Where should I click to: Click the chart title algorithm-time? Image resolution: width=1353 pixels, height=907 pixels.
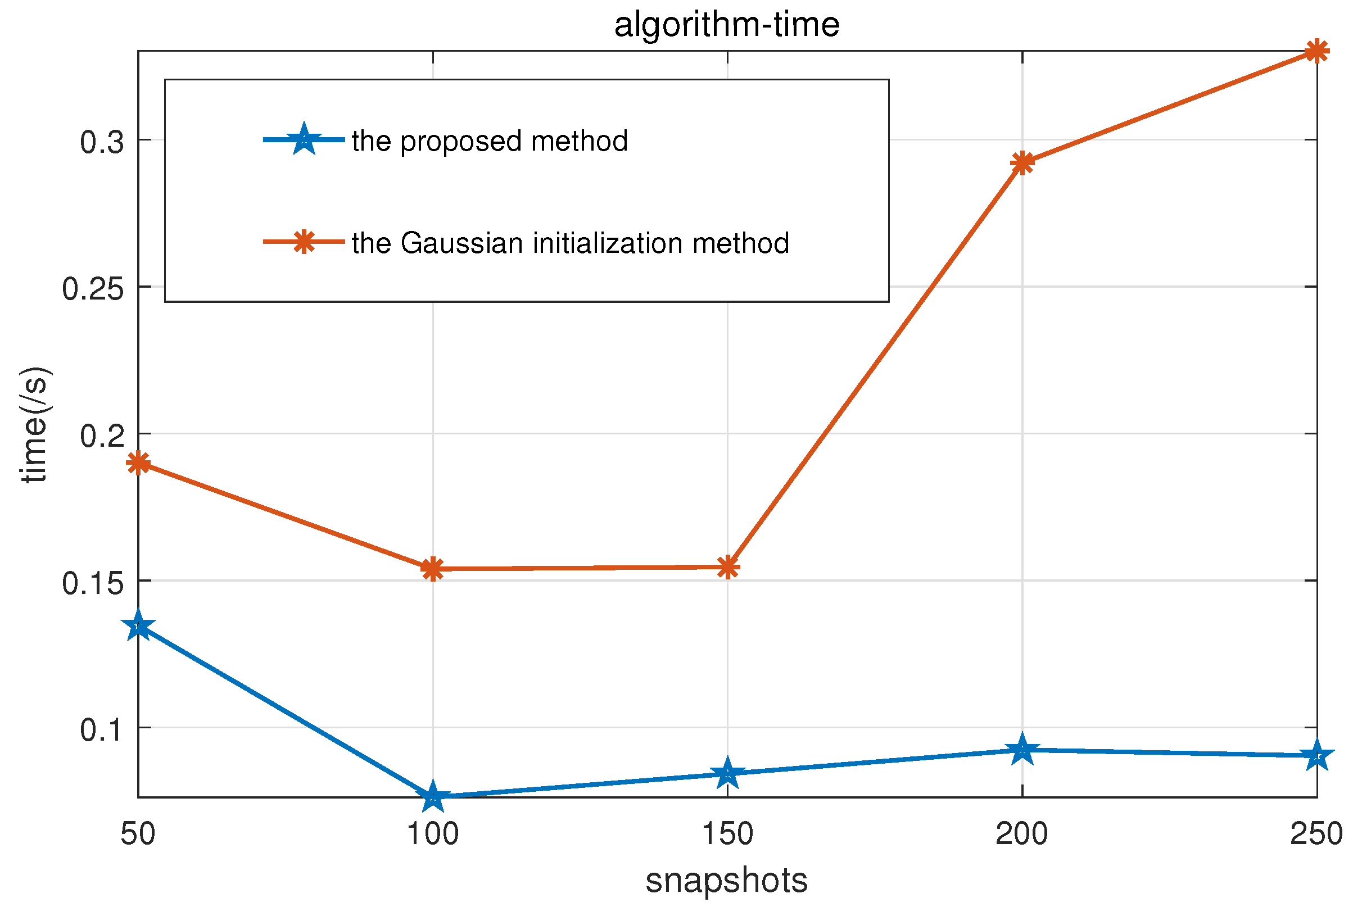pos(727,25)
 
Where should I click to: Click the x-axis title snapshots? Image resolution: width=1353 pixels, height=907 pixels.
pos(727,881)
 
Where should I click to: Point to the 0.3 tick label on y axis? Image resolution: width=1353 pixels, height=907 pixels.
pos(102,142)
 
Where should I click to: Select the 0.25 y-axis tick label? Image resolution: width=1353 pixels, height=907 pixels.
pos(93,289)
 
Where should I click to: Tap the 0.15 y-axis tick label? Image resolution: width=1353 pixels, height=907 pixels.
pos(93,583)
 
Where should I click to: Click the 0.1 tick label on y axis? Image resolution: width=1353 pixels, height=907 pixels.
pos(102,730)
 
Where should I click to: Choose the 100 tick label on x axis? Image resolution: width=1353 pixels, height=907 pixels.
pos(433,834)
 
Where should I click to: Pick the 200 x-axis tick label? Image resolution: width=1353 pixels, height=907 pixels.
pos(1021,834)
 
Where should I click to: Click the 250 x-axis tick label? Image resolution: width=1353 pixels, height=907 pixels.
pos(1316,834)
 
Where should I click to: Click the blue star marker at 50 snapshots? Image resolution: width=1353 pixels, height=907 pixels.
pos(138,627)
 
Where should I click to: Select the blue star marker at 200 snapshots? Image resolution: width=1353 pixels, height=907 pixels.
pos(1022,750)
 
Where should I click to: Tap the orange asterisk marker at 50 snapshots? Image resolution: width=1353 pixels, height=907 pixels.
pos(138,462)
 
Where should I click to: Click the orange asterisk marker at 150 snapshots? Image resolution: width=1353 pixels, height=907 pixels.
pos(728,567)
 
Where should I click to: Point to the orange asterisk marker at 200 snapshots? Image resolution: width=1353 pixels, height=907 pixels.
pos(1022,163)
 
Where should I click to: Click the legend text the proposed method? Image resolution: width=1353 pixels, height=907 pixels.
pos(490,141)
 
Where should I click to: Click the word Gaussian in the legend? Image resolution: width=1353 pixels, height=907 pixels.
pos(461,243)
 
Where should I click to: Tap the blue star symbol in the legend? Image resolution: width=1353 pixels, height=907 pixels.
pos(304,139)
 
